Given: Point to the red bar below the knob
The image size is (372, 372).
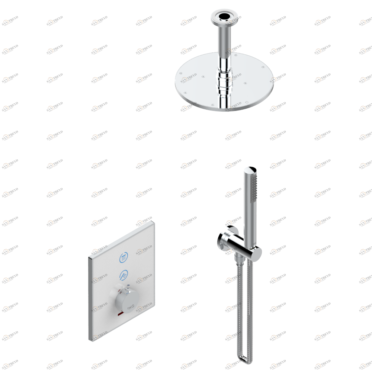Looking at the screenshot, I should [x=120, y=315].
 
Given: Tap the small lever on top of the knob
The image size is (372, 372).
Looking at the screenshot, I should [x=120, y=288].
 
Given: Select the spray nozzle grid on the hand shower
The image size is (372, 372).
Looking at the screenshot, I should [x=254, y=188].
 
